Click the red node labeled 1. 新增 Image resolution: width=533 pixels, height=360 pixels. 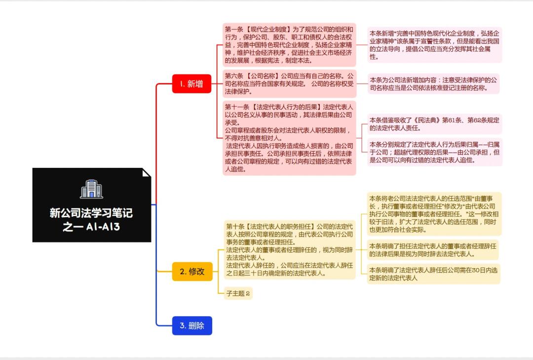click(x=191, y=84)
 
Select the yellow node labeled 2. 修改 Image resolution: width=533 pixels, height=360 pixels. click(x=192, y=271)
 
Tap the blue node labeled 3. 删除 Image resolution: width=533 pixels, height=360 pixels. click(x=192, y=325)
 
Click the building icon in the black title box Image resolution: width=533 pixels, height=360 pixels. click(x=91, y=189)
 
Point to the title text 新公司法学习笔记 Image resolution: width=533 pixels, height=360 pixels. click(x=91, y=213)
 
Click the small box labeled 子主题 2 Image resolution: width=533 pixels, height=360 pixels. click(x=238, y=293)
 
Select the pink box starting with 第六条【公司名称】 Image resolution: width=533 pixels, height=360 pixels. click(x=289, y=83)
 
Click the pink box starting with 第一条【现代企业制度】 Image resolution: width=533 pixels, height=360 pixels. click(x=289, y=44)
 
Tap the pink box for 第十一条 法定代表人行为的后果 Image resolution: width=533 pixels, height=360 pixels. click(x=289, y=138)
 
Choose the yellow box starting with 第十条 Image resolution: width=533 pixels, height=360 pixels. click(x=289, y=249)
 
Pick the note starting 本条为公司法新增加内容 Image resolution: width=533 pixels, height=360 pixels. click(x=433, y=84)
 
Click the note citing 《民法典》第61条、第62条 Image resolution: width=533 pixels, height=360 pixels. click(x=434, y=124)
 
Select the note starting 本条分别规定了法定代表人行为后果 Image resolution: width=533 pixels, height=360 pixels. click(x=434, y=152)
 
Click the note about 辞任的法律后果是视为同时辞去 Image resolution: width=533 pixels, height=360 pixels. click(x=433, y=250)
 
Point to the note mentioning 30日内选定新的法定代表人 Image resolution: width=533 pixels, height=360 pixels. click(x=434, y=274)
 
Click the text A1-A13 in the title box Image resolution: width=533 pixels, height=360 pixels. click(x=103, y=227)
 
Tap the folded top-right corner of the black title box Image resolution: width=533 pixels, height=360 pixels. click(x=146, y=173)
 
